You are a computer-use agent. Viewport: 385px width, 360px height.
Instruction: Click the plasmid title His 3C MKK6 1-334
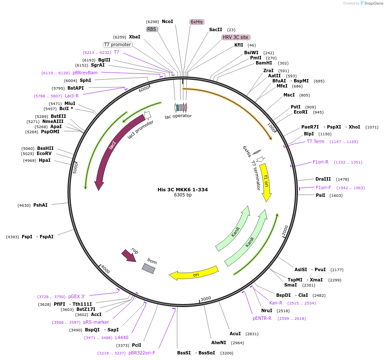coord(183,190)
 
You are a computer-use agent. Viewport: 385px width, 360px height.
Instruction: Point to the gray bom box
coord(149,268)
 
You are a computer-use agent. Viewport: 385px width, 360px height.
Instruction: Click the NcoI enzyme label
coord(167,21)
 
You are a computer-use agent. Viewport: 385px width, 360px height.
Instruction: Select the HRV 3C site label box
coord(236,37)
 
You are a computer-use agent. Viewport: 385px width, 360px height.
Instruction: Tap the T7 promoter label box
coord(118,44)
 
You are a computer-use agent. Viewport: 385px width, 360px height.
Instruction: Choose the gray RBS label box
coord(152,29)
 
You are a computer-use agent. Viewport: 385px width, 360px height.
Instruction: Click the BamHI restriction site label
coord(264,63)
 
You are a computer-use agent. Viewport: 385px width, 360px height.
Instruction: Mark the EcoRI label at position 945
coord(300,112)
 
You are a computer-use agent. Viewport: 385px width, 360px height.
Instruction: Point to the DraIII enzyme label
coord(323,179)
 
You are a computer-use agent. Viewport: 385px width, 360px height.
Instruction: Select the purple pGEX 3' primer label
coord(77,296)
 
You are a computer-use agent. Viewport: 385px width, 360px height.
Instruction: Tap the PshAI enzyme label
coord(41,205)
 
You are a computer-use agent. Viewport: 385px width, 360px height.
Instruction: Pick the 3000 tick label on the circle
coord(206,299)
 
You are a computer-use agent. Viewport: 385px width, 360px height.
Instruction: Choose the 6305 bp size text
coord(183,195)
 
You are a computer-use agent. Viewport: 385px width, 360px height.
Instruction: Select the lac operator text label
coord(178,116)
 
